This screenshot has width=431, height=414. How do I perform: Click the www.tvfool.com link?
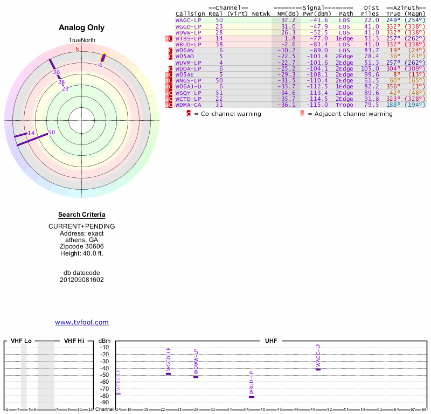coord(82,322)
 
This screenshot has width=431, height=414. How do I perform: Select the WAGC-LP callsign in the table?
coord(188,20)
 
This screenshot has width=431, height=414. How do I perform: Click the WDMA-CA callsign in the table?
coord(188,105)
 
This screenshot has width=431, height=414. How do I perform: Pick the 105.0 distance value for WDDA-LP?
coord(370,68)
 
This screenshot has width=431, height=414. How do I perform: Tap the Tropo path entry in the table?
coord(346,105)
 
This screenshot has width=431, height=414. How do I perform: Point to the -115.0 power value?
coord(317,105)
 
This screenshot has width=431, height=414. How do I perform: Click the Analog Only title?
coord(82,27)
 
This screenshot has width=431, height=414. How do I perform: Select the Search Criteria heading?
coord(82,215)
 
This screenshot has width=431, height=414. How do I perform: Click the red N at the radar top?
coord(78,49)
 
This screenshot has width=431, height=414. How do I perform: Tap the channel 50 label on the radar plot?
coord(52,132)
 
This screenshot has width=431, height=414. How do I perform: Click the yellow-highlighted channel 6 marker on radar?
coord(103,57)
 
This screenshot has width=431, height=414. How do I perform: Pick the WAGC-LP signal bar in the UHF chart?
coord(318,369)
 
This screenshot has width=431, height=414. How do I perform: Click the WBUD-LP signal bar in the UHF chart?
coord(251,397)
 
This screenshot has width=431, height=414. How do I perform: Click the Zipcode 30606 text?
coord(82,246)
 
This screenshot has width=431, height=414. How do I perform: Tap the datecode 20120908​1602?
coord(82,280)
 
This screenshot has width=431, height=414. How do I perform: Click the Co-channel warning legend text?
coord(228,114)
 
